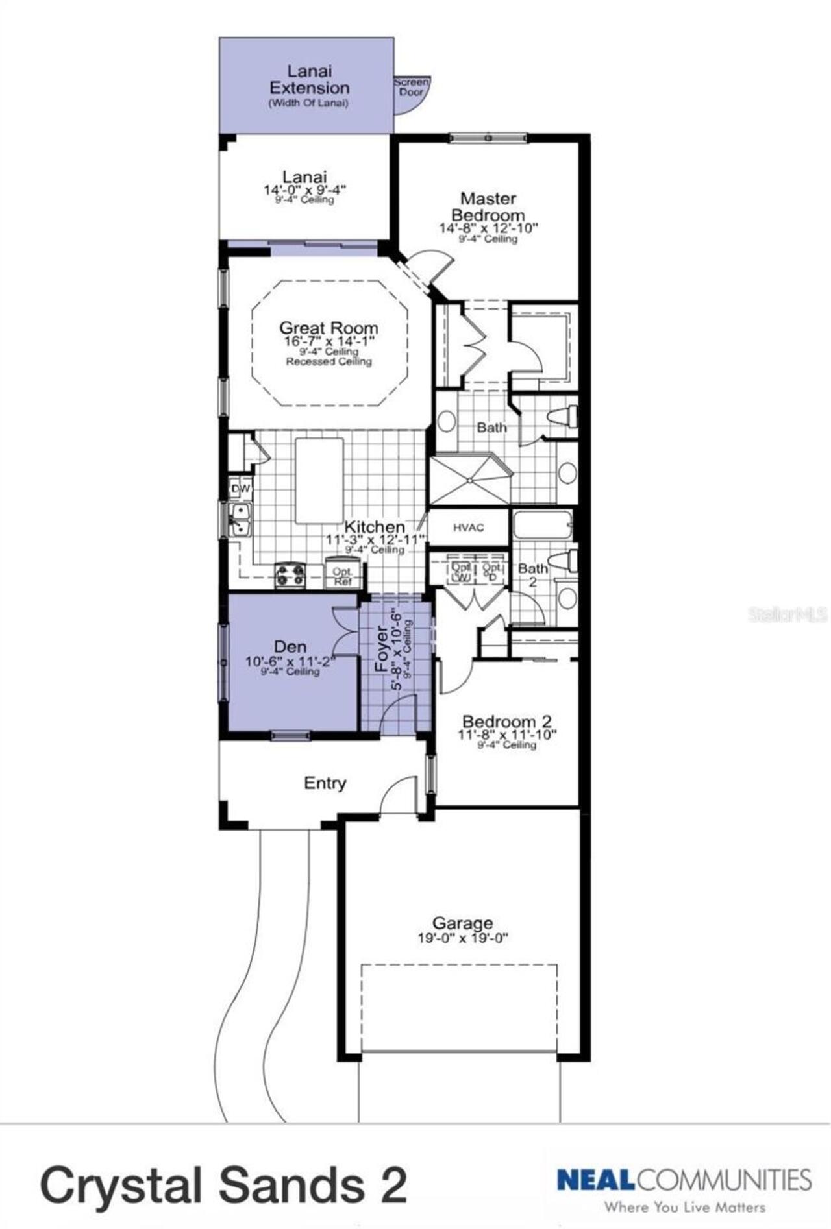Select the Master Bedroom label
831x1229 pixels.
point(488,206)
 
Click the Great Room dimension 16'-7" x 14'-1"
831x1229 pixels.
point(329,341)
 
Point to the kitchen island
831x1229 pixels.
point(319,480)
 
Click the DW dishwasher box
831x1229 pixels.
point(240,488)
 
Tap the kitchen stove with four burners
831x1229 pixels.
point(290,574)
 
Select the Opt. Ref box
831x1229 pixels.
point(342,576)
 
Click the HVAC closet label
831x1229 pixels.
point(468,528)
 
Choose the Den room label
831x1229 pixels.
point(290,646)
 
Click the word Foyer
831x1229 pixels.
point(382,649)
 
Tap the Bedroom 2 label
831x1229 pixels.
point(506,721)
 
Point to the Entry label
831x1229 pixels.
point(325,783)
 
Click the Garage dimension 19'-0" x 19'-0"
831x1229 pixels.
point(462,938)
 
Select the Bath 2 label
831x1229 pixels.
point(532,574)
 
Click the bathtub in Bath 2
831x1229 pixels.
point(543,525)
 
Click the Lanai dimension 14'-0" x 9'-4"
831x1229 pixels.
point(304,190)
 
